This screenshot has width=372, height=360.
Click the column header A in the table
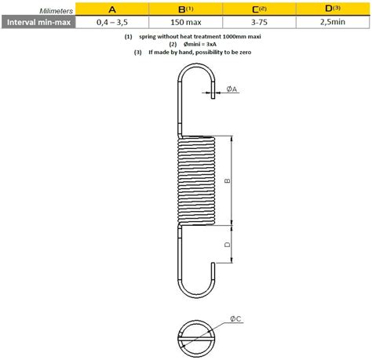(112, 9)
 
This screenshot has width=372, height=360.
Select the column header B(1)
(185, 9)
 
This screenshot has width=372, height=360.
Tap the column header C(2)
(259, 9)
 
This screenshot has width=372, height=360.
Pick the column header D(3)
(333, 9)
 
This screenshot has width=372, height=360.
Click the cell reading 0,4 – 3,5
(112, 22)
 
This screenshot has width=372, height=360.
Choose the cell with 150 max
(186, 22)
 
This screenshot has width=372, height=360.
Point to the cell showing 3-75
(259, 22)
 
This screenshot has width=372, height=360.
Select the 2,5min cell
(333, 22)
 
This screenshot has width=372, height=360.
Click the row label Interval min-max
(38, 22)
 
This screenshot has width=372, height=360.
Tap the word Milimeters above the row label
(56, 11)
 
